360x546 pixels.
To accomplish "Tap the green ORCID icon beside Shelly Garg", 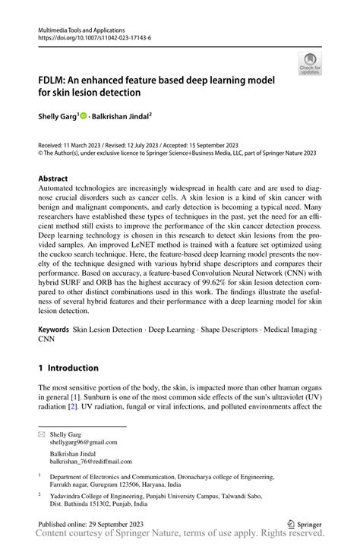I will click(84, 117).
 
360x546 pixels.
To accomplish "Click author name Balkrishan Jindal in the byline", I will click(122, 117).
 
